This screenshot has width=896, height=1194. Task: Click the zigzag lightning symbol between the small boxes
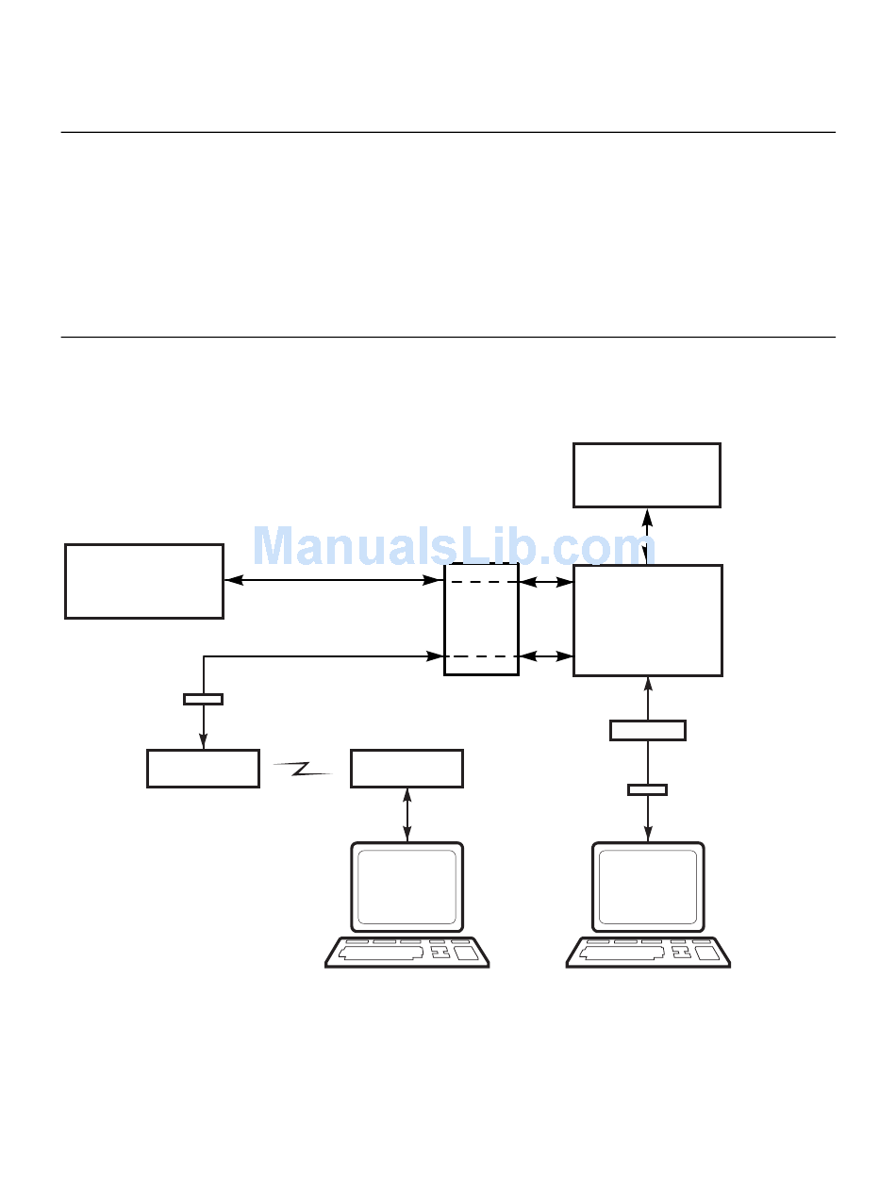304,770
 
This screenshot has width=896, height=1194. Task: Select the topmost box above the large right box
647,475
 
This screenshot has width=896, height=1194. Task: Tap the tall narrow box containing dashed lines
481,619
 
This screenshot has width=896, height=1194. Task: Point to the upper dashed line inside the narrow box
481,583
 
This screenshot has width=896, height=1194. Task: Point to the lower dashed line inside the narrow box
481,656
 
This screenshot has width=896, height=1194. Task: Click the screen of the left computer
407,887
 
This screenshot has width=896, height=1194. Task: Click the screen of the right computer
648,887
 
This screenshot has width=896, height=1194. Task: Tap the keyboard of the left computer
407,952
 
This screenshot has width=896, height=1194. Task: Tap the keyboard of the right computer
648,952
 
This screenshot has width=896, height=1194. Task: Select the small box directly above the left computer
407,768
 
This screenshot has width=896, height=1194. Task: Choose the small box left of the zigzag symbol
203,768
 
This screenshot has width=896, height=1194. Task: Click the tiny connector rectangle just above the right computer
647,789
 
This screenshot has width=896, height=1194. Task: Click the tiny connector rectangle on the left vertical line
203,699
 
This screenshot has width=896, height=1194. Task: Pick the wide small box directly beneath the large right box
647,730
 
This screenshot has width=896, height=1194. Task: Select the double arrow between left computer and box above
407,814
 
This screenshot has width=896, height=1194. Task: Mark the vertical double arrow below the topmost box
647,536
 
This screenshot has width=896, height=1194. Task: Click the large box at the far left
144,581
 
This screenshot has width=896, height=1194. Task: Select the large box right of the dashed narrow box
647,620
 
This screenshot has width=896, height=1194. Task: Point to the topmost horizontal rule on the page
448,132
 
